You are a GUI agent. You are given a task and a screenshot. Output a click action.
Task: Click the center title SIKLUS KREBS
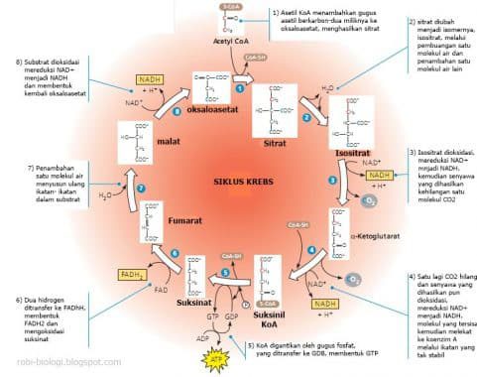(237, 182)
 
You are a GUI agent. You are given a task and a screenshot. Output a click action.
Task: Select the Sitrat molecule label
(275, 141)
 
